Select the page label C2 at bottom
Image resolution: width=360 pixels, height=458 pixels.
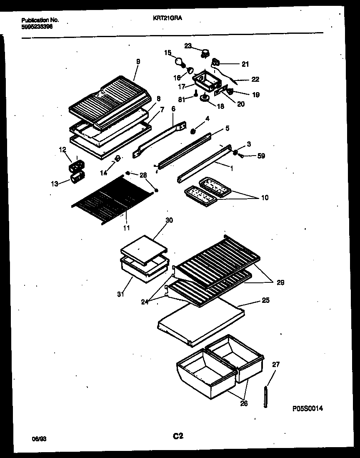(178, 436)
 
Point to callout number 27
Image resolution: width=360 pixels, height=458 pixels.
(276, 364)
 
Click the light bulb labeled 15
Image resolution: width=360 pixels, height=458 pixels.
(180, 63)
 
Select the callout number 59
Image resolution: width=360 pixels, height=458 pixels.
(261, 156)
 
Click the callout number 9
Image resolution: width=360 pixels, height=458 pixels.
(138, 61)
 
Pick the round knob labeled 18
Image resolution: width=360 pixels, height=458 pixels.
(205, 98)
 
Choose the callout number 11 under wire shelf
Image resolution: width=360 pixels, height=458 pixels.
(126, 228)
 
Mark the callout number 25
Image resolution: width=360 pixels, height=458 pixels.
(265, 300)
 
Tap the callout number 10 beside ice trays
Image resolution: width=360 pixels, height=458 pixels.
(265, 198)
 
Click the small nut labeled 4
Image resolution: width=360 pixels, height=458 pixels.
(193, 132)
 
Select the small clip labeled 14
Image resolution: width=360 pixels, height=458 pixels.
(117, 159)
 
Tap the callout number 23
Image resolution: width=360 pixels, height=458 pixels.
(188, 46)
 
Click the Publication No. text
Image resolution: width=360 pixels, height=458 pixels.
(40, 20)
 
